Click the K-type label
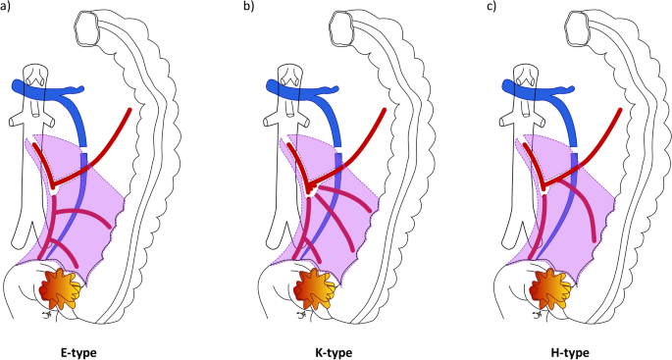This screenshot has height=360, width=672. pos(332,350)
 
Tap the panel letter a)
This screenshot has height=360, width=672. pos(8,8)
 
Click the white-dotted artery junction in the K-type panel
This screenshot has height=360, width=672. pos(309,187)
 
